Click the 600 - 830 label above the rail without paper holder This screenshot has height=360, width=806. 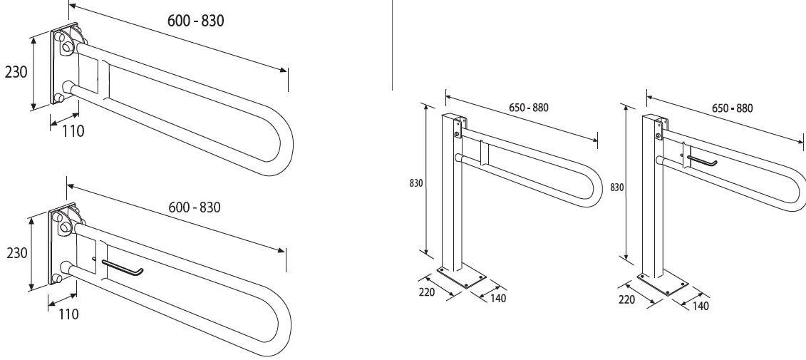point(195,21)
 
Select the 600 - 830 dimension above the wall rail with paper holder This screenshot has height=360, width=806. point(195,207)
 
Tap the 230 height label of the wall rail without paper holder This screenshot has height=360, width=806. point(16,72)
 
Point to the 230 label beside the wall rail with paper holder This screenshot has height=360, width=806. point(17,254)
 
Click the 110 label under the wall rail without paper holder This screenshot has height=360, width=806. point(73,132)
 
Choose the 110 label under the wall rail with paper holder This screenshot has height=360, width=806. point(68,314)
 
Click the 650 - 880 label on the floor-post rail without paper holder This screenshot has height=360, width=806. point(529,108)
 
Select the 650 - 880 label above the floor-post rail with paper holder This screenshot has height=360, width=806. point(732,108)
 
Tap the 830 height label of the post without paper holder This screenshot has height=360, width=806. point(416,182)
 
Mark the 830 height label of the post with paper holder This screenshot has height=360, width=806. point(617,187)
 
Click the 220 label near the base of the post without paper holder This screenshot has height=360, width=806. point(427,292)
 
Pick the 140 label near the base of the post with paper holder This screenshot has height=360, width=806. point(700,306)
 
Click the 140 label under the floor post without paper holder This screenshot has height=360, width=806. point(497,298)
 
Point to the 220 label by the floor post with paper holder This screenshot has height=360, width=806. point(626,299)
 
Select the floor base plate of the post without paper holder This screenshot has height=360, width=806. point(462,278)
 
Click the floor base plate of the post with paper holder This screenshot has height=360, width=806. point(662,284)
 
